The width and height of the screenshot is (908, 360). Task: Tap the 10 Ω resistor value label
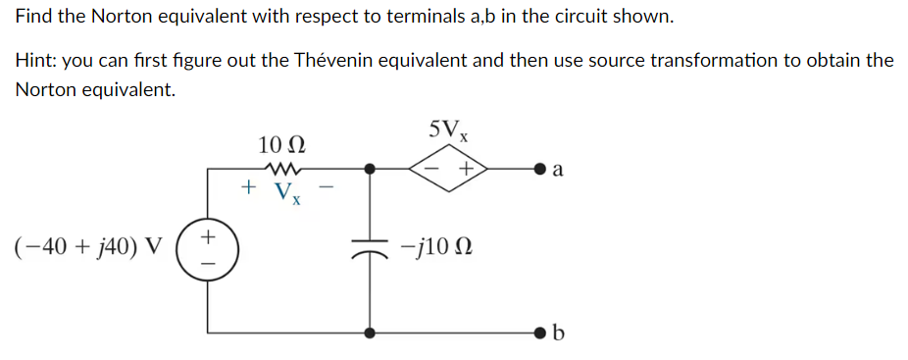pos(281,145)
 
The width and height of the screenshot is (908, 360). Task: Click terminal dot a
pos(538,169)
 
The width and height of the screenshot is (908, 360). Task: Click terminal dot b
pos(538,333)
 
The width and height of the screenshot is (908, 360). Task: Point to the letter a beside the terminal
pos(558,170)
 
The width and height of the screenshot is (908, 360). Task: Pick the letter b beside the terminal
pos(559,334)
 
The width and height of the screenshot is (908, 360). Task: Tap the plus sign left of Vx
pos(250,185)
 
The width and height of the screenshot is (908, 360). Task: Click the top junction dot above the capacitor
pos(370,169)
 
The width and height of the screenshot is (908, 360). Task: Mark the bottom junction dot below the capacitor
pos(370,333)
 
